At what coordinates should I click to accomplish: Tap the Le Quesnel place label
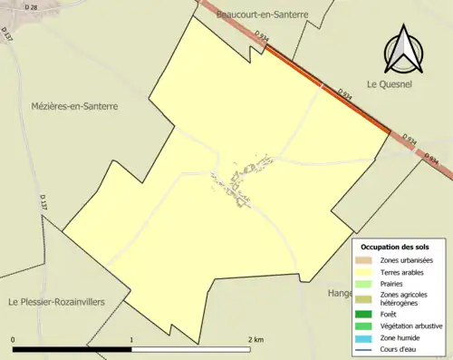[385, 83]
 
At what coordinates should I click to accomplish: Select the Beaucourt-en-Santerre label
[263, 15]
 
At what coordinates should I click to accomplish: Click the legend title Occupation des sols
[395, 247]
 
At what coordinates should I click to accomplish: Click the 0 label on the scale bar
[13, 339]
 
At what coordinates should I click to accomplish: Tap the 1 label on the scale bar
[132, 339]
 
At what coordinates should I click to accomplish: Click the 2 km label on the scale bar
[255, 339]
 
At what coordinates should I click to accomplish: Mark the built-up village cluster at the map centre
[237, 181]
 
